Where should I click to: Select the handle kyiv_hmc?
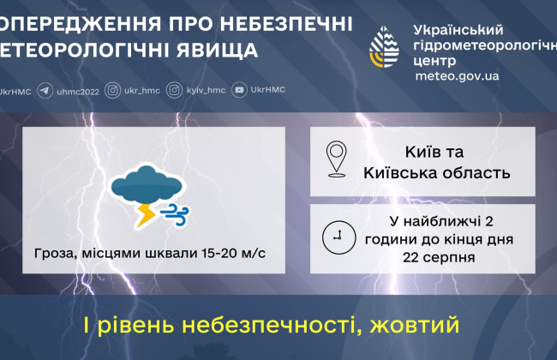[206, 89]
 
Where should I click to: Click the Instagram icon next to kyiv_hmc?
[174, 89]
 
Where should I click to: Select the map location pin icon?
[337, 160]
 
